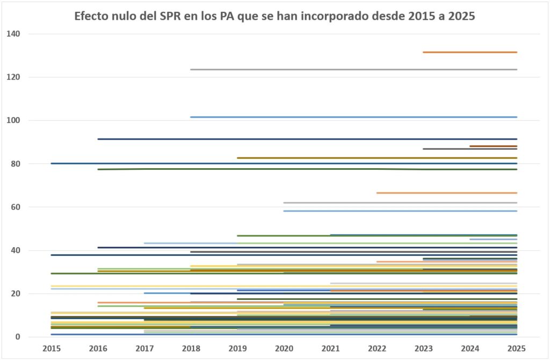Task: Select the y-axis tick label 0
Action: (x=17, y=337)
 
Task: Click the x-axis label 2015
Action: (x=52, y=348)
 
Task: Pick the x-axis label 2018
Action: (x=191, y=348)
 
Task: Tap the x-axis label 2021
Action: (x=330, y=348)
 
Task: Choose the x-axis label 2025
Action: (x=516, y=348)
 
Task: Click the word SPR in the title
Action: (x=176, y=16)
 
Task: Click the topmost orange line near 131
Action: (x=470, y=52)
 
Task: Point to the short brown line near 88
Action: (x=493, y=146)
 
